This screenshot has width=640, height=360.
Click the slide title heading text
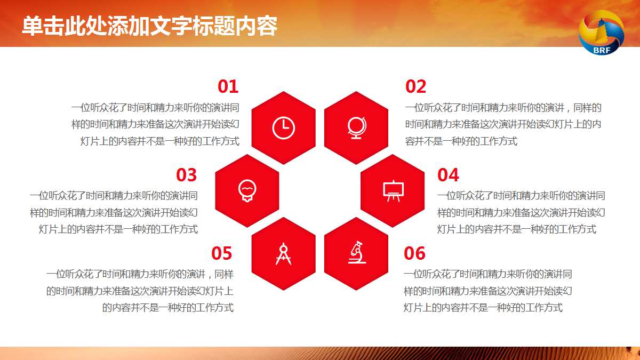pyautogui.click(x=149, y=26)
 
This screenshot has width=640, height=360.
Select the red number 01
pyautogui.click(x=228, y=86)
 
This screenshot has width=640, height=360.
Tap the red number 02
pyautogui.click(x=416, y=86)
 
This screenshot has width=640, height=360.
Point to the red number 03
pyautogui.click(x=187, y=175)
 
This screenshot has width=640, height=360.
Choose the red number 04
pyautogui.click(x=448, y=175)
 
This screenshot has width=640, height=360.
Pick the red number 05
pyautogui.click(x=222, y=253)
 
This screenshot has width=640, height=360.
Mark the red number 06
pyautogui.click(x=415, y=253)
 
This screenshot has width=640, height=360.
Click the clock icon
pyautogui.click(x=283, y=127)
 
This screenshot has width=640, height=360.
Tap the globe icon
pyautogui.click(x=356, y=127)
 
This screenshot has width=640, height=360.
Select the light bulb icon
pyautogui.click(x=247, y=190)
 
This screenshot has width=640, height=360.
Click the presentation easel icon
pyautogui.click(x=393, y=190)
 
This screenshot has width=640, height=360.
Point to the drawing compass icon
pyautogui.click(x=283, y=253)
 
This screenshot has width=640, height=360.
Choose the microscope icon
pyautogui.click(x=356, y=253)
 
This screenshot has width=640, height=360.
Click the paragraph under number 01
pyautogui.click(x=155, y=124)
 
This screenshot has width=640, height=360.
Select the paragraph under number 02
pyautogui.click(x=503, y=124)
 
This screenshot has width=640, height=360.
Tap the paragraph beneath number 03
pyautogui.click(x=114, y=212)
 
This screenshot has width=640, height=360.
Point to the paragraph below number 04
pyautogui.click(x=521, y=212)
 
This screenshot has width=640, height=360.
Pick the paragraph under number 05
pyautogui.click(x=140, y=291)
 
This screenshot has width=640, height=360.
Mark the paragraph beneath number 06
pyautogui.click(x=487, y=291)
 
